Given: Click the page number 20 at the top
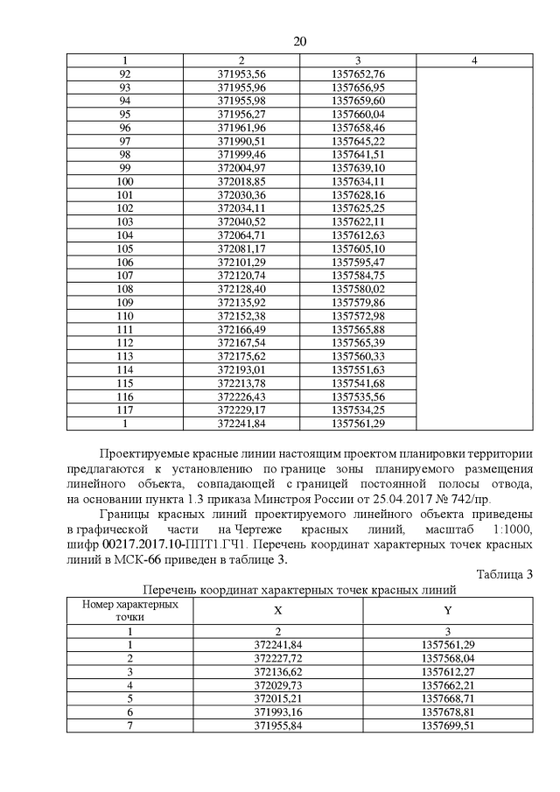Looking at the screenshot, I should (x=299, y=42).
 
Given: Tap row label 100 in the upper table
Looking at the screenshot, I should (x=124, y=180).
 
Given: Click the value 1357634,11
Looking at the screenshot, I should (x=359, y=180).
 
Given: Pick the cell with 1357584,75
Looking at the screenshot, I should (x=359, y=274).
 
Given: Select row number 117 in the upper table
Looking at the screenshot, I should (x=124, y=408).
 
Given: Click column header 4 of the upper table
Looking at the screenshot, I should (x=473, y=60).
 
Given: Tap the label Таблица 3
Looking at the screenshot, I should (x=504, y=574).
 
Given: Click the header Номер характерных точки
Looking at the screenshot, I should (x=124, y=610).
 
